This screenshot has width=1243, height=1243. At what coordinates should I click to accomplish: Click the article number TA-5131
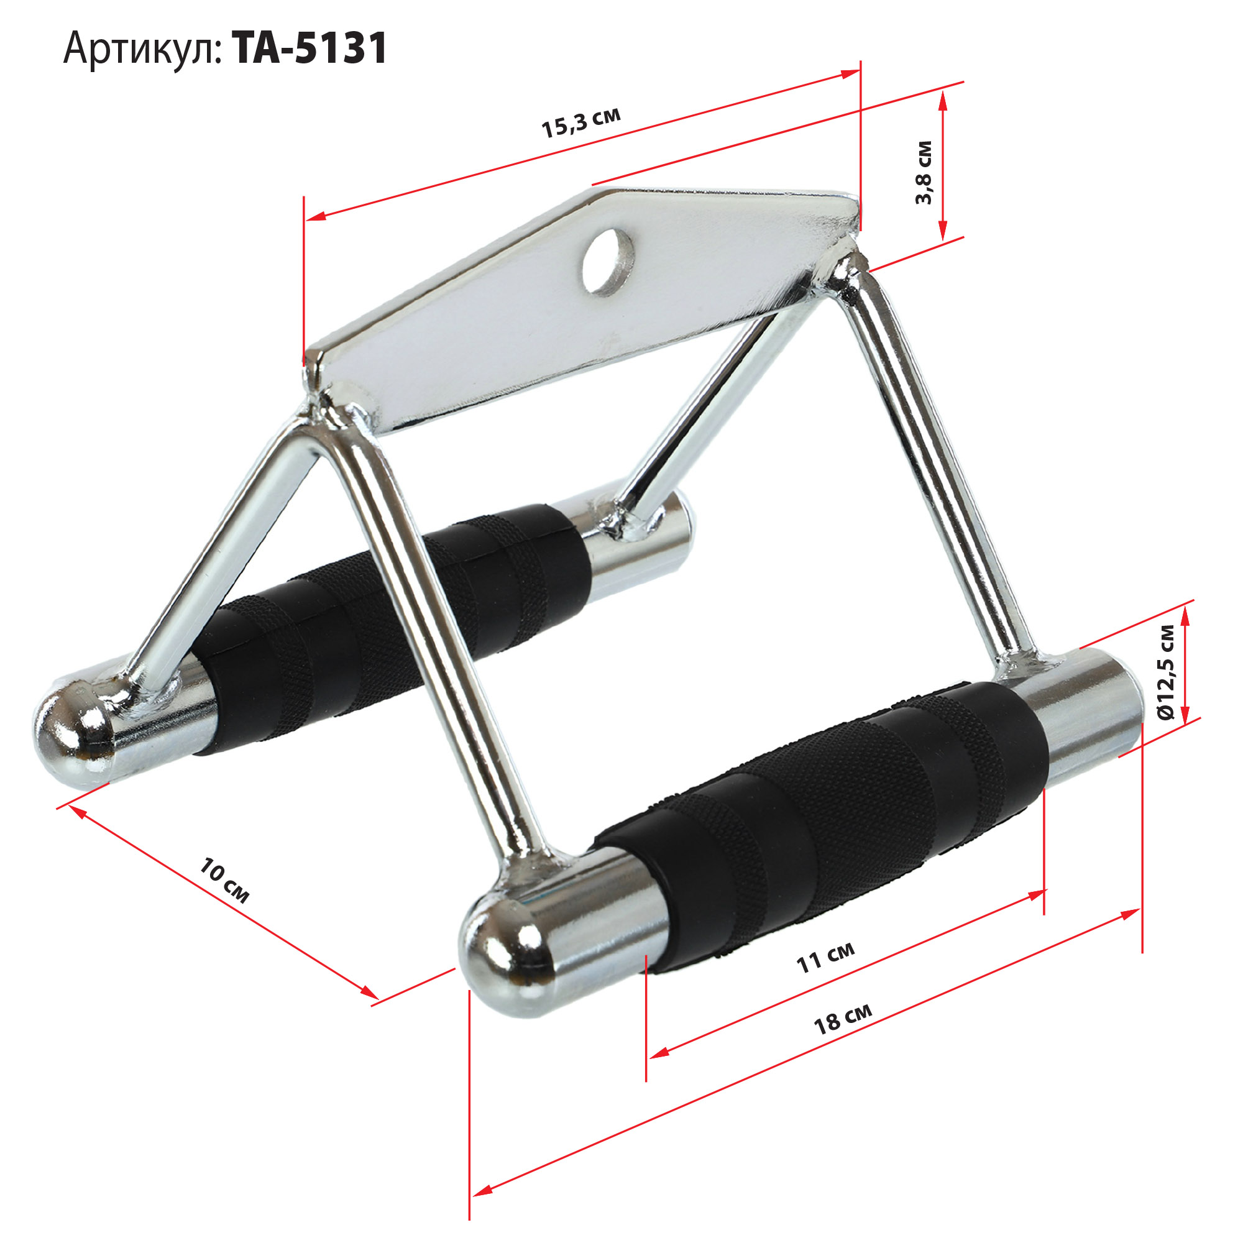(x=310, y=48)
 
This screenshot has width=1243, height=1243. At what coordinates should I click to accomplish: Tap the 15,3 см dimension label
(x=581, y=122)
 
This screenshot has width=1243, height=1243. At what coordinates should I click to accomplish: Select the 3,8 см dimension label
(x=924, y=172)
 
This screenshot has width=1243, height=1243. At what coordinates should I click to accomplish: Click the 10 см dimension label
(x=223, y=880)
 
